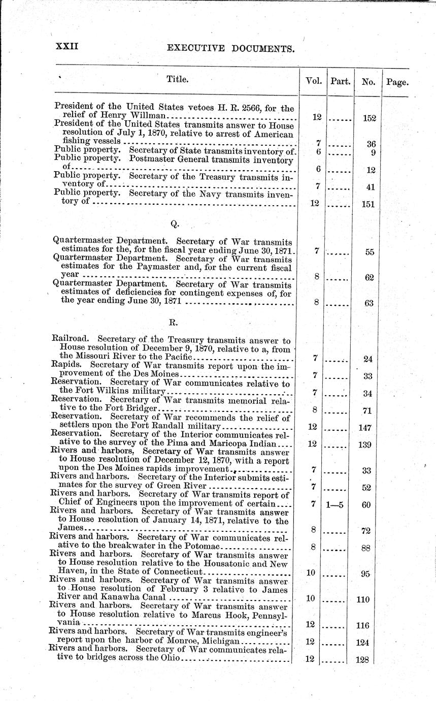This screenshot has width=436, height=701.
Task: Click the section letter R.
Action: (x=173, y=322)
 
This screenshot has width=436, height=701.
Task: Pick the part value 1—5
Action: (x=337, y=505)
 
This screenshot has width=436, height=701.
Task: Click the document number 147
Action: (x=365, y=428)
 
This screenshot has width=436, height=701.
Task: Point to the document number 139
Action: (x=365, y=445)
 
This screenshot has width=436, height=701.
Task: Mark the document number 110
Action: (x=363, y=599)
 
